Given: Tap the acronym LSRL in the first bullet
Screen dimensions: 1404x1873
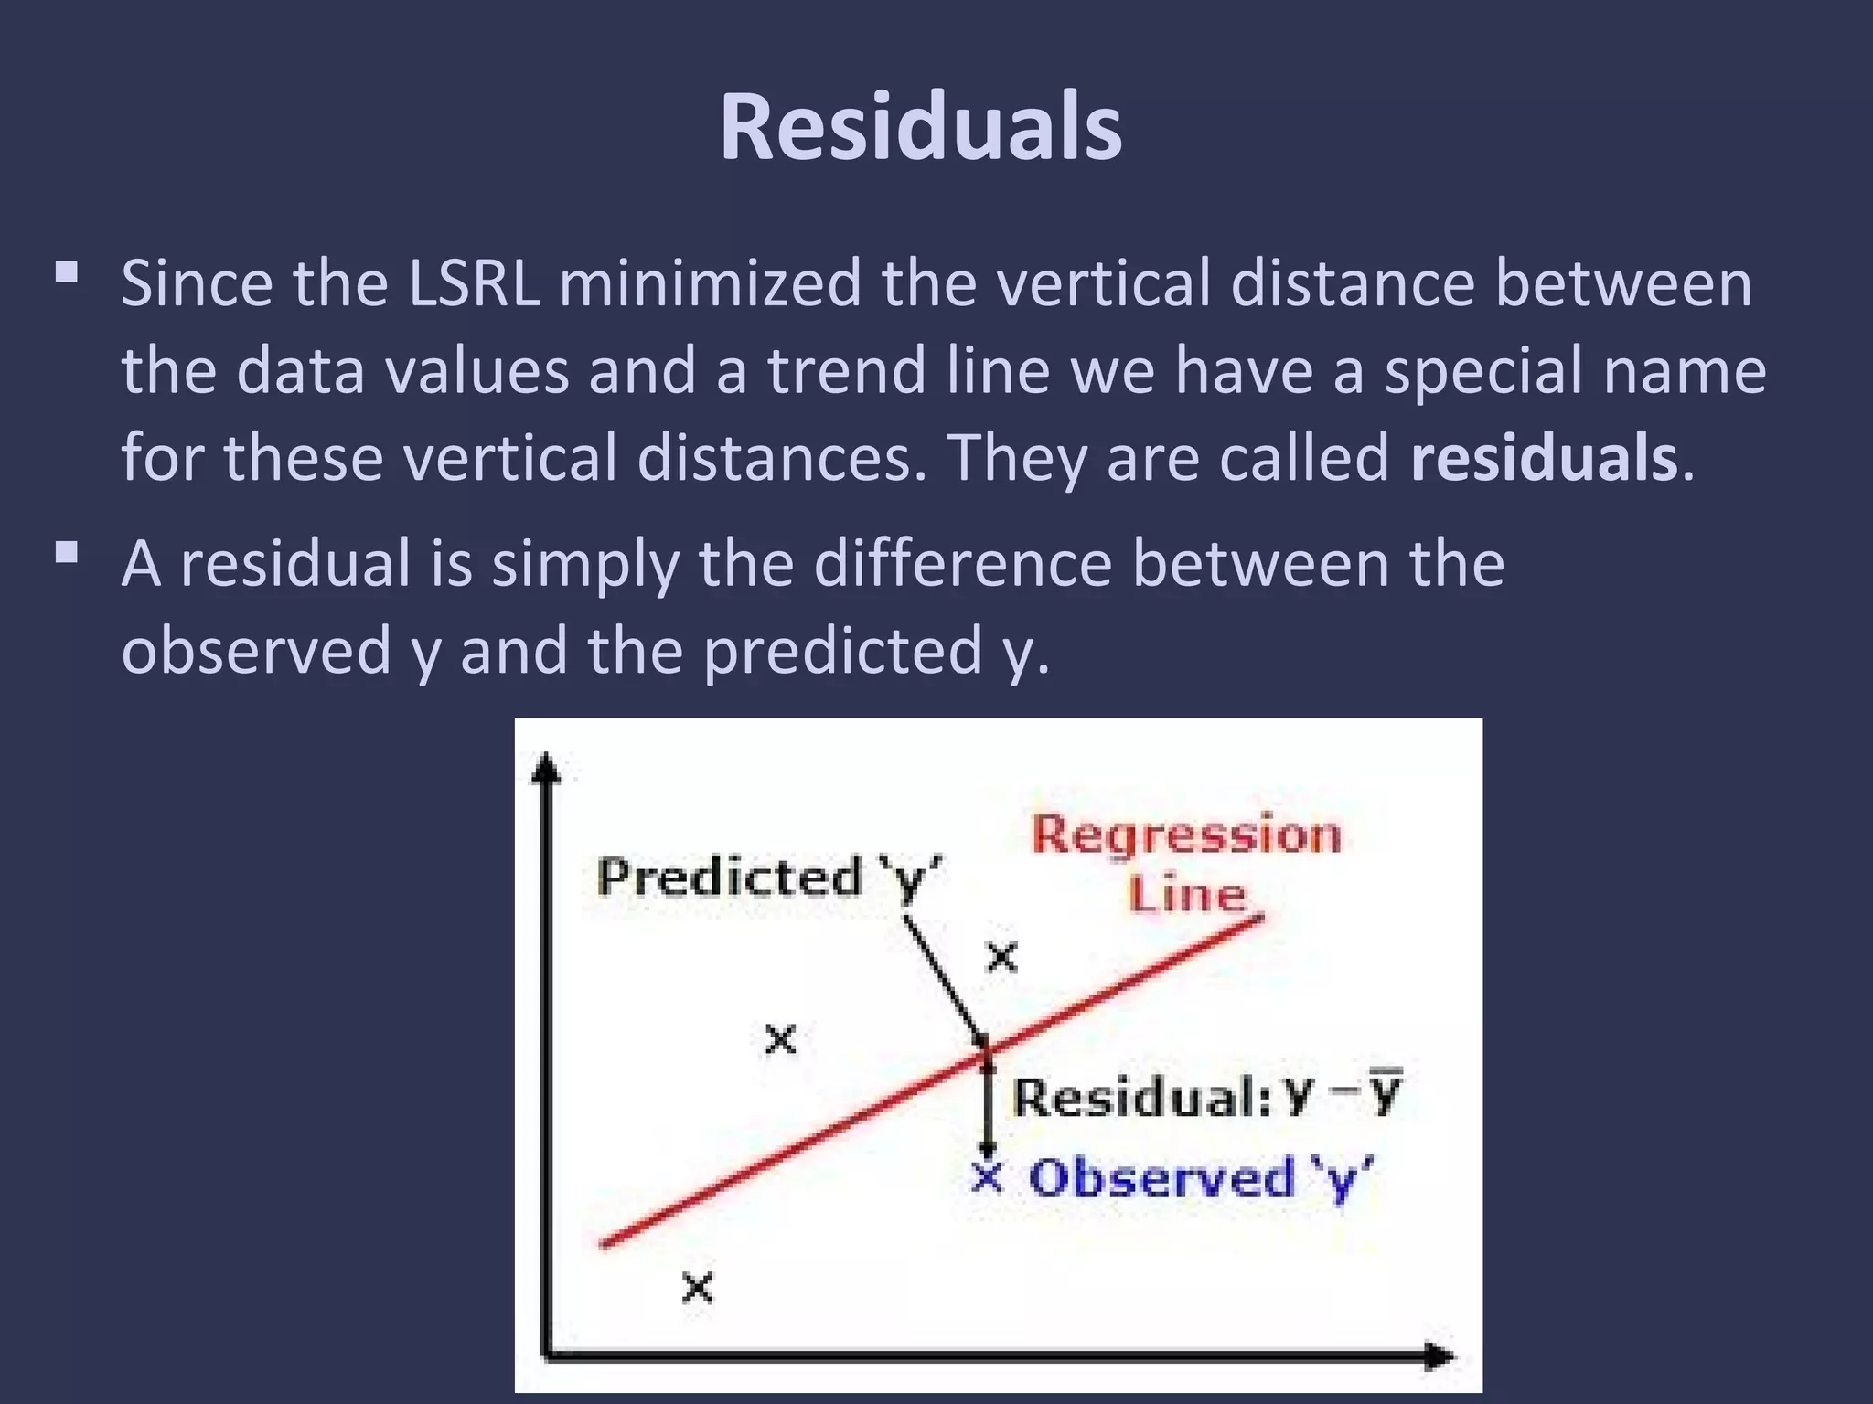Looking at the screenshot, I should click(x=473, y=283).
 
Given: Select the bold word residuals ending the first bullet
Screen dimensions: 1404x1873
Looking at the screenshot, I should click(x=1544, y=457).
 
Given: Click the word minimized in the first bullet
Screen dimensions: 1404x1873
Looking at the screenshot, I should click(x=710, y=283).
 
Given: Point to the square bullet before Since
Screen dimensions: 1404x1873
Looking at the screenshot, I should click(x=67, y=272).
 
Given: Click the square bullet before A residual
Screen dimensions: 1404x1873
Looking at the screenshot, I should click(x=67, y=553).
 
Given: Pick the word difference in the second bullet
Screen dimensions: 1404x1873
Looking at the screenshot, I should click(x=962, y=564).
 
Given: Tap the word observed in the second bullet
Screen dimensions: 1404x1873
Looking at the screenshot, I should click(x=256, y=651).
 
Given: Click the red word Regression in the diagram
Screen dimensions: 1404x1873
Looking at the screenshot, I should click(x=1186, y=835).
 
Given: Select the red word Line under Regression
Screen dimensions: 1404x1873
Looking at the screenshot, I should click(x=1187, y=893).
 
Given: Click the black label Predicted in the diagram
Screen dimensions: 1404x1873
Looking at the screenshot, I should click(x=730, y=877).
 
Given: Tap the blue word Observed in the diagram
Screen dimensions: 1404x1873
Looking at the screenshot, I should click(x=1161, y=1178).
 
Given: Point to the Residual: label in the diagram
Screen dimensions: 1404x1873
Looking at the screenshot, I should click(x=1141, y=1097).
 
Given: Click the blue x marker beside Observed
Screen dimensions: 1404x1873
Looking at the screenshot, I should click(x=988, y=1177).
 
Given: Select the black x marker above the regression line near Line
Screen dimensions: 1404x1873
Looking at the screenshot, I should click(x=1002, y=958).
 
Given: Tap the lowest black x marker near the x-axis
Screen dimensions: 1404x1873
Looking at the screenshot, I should click(x=697, y=1289).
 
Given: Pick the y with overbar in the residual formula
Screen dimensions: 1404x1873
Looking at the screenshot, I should click(x=1385, y=1093).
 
